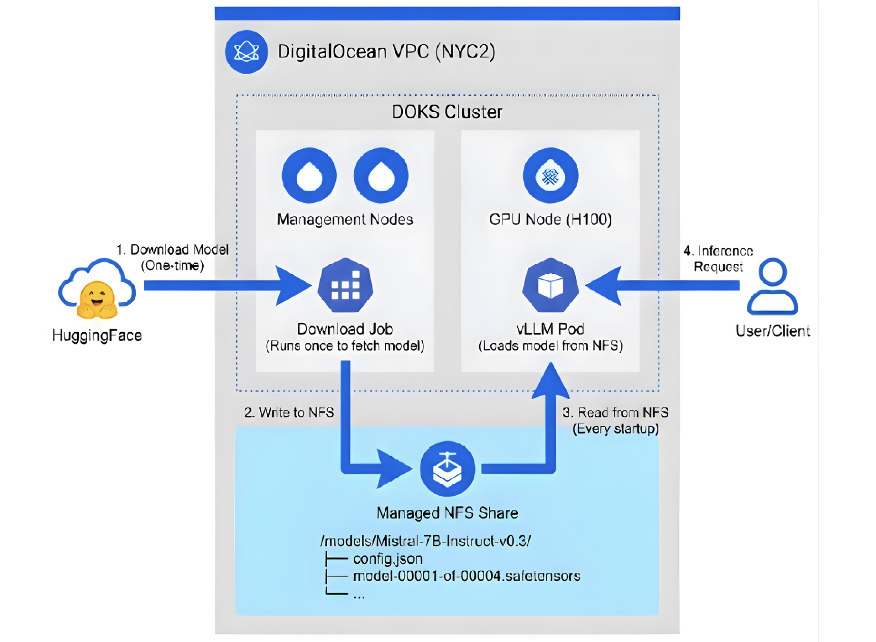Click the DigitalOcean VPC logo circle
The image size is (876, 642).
click(x=246, y=52)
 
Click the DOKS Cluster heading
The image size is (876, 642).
click(x=447, y=112)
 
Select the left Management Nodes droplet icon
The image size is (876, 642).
click(x=309, y=176)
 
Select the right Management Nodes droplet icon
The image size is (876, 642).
click(x=381, y=176)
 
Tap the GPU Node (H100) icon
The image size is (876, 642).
click(x=550, y=176)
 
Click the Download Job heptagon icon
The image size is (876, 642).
click(x=345, y=286)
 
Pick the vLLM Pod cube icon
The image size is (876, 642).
click(x=550, y=286)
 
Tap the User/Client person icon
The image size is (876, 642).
click(x=772, y=287)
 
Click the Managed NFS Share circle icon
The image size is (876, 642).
click(x=447, y=469)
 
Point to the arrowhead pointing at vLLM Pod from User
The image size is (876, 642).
click(x=605, y=286)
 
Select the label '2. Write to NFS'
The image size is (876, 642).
click(x=289, y=412)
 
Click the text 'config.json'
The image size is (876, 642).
click(x=388, y=559)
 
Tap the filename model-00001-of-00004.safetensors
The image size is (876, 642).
click(x=466, y=576)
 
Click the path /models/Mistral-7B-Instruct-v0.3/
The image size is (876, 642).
click(x=426, y=540)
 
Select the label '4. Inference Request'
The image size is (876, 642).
click(x=718, y=259)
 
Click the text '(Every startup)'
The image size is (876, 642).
click(x=615, y=429)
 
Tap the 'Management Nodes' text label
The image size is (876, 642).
click(x=345, y=219)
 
